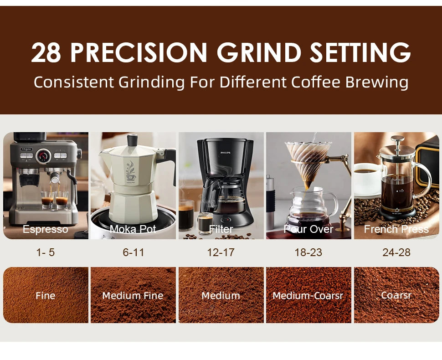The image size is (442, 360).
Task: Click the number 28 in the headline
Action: tap(47, 53)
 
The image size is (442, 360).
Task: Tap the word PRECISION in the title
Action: tap(139, 53)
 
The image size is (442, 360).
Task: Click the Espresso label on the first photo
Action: tap(46, 229)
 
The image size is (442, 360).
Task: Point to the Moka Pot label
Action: tap(133, 229)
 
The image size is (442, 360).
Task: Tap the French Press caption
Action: tap(396, 229)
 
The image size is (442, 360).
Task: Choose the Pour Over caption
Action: tap(308, 229)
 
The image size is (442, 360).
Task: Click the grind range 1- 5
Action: tap(46, 252)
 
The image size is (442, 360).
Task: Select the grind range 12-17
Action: tap(221, 252)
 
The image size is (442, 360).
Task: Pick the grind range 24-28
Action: tap(396, 252)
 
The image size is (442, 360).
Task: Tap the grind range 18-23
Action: tap(308, 252)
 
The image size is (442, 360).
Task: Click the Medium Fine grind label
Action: tap(133, 296)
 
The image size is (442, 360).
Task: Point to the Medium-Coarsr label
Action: tap(308, 296)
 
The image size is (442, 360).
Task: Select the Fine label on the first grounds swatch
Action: tap(46, 296)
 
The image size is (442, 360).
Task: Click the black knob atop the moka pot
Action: tap(133, 140)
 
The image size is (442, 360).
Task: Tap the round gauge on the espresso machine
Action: tap(44, 156)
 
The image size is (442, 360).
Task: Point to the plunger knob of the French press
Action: tap(398, 139)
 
